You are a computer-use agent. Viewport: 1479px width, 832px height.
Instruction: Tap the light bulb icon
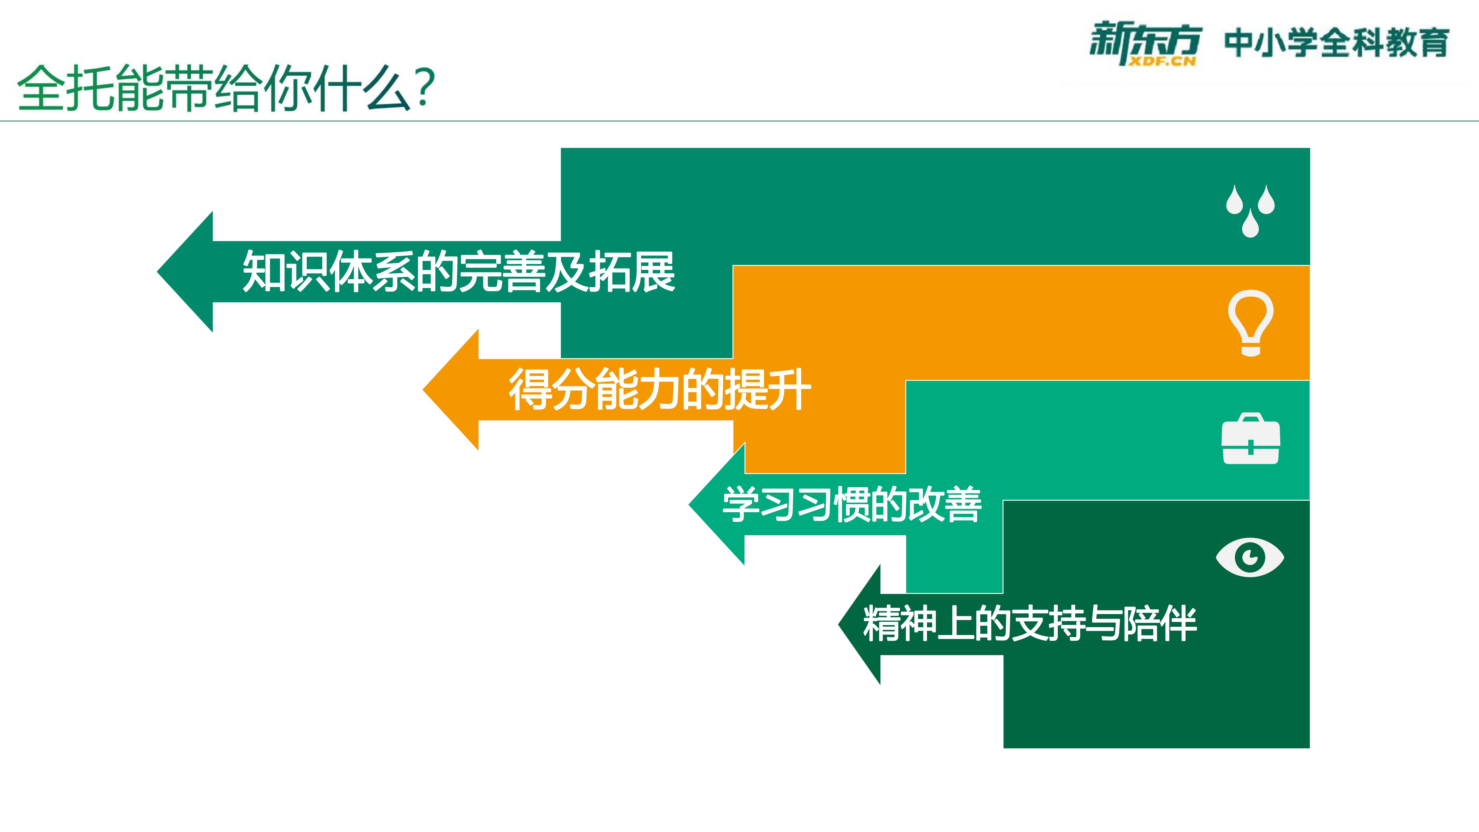coord(1250,323)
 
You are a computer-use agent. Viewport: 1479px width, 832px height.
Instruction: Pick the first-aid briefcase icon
coord(1250,438)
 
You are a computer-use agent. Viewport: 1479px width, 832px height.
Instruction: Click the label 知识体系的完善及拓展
coord(458,272)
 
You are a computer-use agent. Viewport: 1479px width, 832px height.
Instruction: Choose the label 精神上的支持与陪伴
coord(1029,624)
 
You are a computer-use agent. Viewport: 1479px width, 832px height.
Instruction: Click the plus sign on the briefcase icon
coord(1250,447)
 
